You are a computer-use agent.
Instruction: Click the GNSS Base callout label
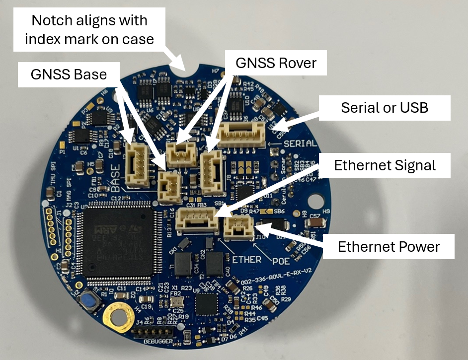(x=69, y=74)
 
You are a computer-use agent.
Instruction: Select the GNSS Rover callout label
(x=276, y=63)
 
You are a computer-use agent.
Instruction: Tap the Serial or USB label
(x=385, y=108)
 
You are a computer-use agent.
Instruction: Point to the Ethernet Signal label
(x=385, y=165)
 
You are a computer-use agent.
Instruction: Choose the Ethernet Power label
(x=389, y=246)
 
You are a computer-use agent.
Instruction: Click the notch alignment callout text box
(x=89, y=30)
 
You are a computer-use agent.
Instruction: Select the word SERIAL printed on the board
(x=300, y=144)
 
